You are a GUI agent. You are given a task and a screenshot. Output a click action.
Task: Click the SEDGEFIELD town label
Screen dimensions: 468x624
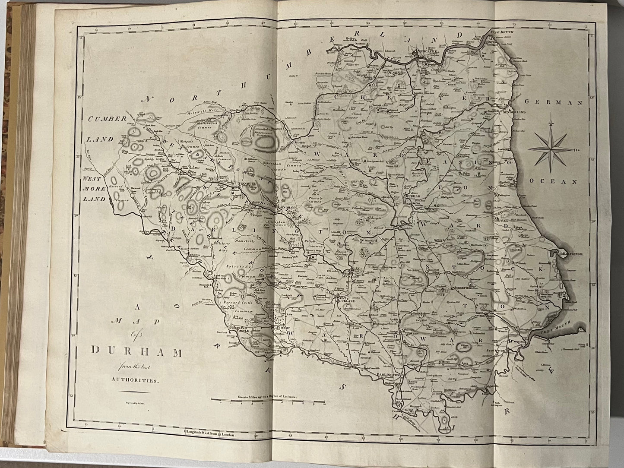pos(462,287)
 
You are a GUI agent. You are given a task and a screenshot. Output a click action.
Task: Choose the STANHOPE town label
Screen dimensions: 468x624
pos(247,183)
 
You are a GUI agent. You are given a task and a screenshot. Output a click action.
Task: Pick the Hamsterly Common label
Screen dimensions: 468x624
pos(246,246)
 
